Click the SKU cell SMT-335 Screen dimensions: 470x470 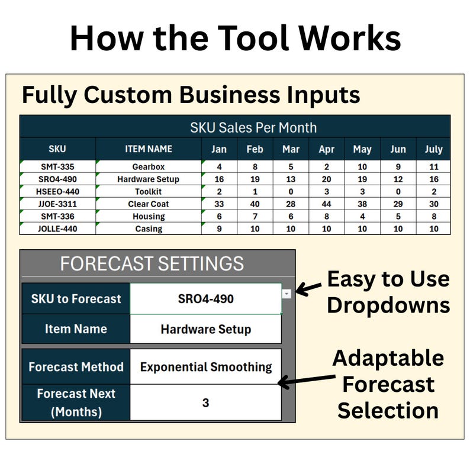(57, 167)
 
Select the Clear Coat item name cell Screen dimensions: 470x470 (149, 204)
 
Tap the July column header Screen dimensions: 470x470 (433, 149)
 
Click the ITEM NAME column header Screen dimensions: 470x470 (149, 149)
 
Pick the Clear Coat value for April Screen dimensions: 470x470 (327, 204)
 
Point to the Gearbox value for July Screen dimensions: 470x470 (433, 167)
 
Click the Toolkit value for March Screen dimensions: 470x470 (291, 191)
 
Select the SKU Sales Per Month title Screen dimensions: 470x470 (253, 127)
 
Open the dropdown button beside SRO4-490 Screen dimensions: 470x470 (286, 294)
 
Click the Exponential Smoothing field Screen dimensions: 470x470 (205, 366)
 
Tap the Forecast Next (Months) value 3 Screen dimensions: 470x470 (205, 403)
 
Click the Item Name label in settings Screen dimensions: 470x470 (76, 329)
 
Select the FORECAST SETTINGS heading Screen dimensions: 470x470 (152, 263)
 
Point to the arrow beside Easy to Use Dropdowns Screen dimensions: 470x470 (308, 289)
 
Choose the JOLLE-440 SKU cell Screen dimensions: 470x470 (57, 228)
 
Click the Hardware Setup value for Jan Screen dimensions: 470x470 (219, 179)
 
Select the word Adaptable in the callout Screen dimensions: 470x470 (388, 358)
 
